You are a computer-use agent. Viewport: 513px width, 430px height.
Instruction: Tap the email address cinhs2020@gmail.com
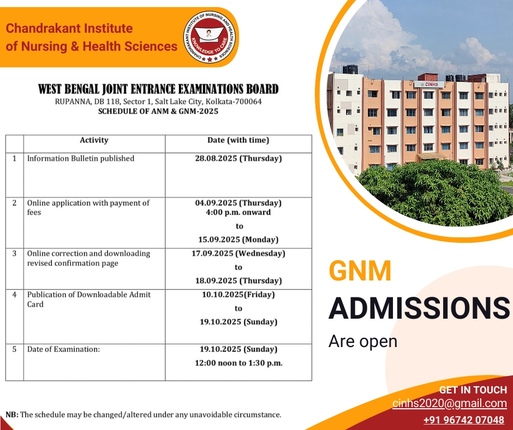[450, 403]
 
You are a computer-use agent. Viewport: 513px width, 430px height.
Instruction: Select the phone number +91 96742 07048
[463, 420]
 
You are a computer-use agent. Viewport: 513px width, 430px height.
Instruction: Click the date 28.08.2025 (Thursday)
[238, 158]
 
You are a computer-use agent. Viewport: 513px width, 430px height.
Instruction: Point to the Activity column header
[94, 140]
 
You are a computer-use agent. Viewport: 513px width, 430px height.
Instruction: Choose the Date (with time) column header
[238, 140]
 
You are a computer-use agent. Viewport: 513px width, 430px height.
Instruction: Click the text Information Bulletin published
[81, 158]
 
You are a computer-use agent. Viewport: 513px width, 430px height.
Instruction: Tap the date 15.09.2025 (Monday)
[238, 240]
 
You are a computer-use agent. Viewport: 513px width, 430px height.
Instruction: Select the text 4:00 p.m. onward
[238, 212]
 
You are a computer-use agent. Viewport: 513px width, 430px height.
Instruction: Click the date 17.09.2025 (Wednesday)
[238, 254]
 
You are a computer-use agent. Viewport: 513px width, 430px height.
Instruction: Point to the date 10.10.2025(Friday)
[238, 295]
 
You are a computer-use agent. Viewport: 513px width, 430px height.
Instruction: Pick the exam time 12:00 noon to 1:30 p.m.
[238, 363]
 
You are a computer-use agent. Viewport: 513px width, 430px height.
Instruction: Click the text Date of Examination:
[63, 349]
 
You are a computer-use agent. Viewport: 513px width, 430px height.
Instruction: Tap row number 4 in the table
[14, 295]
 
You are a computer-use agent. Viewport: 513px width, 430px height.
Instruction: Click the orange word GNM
[360, 271]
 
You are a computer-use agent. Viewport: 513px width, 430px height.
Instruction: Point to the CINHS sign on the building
[429, 85]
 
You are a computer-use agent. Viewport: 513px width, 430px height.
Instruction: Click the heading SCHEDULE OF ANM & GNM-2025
[158, 111]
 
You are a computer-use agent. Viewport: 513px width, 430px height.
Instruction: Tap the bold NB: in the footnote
[12, 415]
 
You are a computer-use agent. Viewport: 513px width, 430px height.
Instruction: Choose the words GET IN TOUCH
[473, 390]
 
